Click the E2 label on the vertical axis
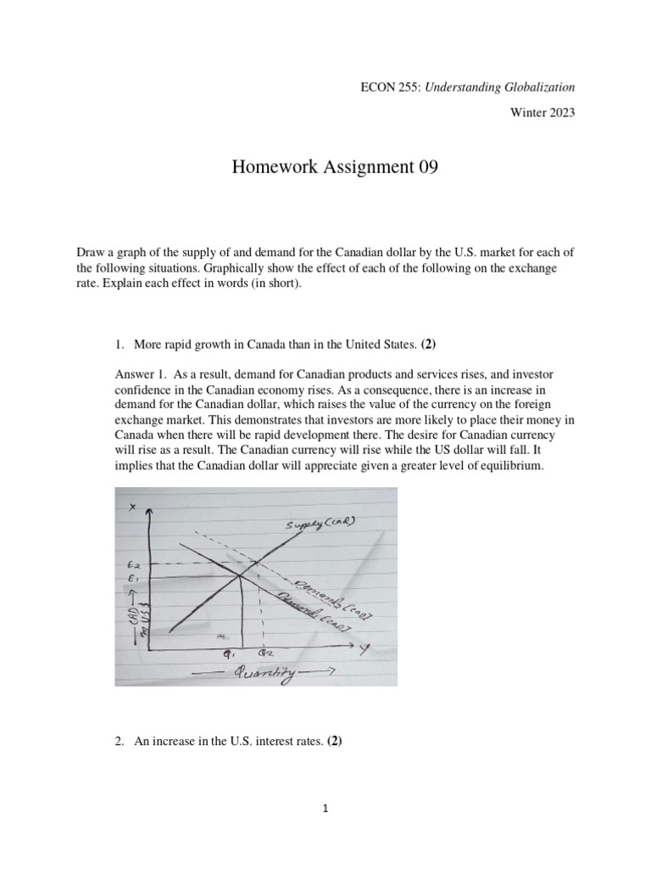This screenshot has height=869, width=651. click(x=132, y=563)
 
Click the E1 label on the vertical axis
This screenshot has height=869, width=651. click(x=132, y=580)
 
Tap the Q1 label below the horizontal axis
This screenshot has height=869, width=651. click(x=227, y=654)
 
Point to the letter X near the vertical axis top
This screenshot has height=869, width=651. click(x=131, y=507)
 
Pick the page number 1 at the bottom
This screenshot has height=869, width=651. click(x=325, y=810)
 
